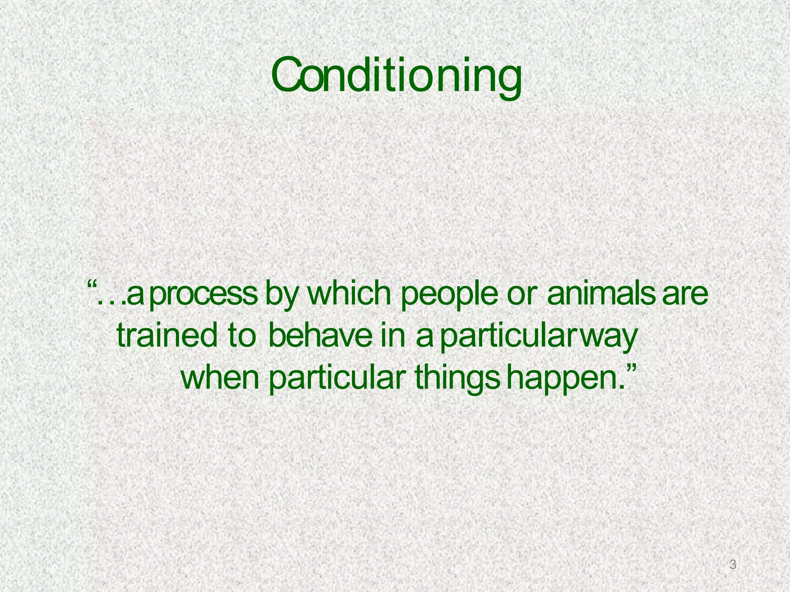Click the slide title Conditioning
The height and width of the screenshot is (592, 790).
(x=397, y=77)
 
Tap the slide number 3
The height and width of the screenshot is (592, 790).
(x=733, y=565)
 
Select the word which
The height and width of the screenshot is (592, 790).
(x=351, y=294)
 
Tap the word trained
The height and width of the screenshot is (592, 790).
(x=167, y=335)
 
